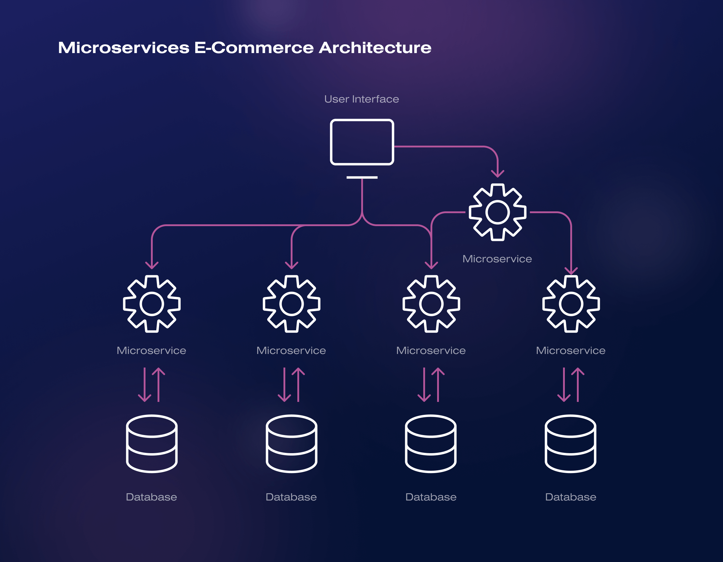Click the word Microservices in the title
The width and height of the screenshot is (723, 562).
click(x=124, y=48)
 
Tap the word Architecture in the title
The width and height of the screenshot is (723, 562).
click(x=375, y=48)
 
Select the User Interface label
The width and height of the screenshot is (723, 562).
click(x=361, y=99)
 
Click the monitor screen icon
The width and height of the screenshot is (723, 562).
click(x=362, y=142)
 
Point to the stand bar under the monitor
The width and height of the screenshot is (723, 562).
click(x=362, y=178)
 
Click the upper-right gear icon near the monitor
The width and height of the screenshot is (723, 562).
click(x=497, y=212)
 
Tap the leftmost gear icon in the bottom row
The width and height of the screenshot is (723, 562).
click(x=152, y=304)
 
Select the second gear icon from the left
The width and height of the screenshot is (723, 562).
click(x=291, y=304)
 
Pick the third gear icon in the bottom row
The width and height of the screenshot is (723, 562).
click(x=431, y=304)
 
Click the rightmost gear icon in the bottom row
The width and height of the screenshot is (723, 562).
click(x=571, y=304)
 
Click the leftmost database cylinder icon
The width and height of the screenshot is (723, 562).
click(x=152, y=444)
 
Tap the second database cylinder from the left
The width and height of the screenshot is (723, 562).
click(x=291, y=444)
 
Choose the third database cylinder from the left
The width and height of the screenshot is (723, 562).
click(x=431, y=444)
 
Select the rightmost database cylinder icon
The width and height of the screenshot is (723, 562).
click(x=570, y=444)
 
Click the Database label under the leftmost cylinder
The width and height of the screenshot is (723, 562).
click(x=151, y=497)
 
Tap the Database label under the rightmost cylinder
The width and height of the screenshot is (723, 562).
click(x=570, y=497)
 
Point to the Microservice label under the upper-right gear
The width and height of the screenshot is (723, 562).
click(x=497, y=259)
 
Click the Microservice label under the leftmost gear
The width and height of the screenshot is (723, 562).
click(x=151, y=351)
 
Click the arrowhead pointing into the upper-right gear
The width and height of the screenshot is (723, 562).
click(x=497, y=174)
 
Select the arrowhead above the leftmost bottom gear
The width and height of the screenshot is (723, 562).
click(x=152, y=265)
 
